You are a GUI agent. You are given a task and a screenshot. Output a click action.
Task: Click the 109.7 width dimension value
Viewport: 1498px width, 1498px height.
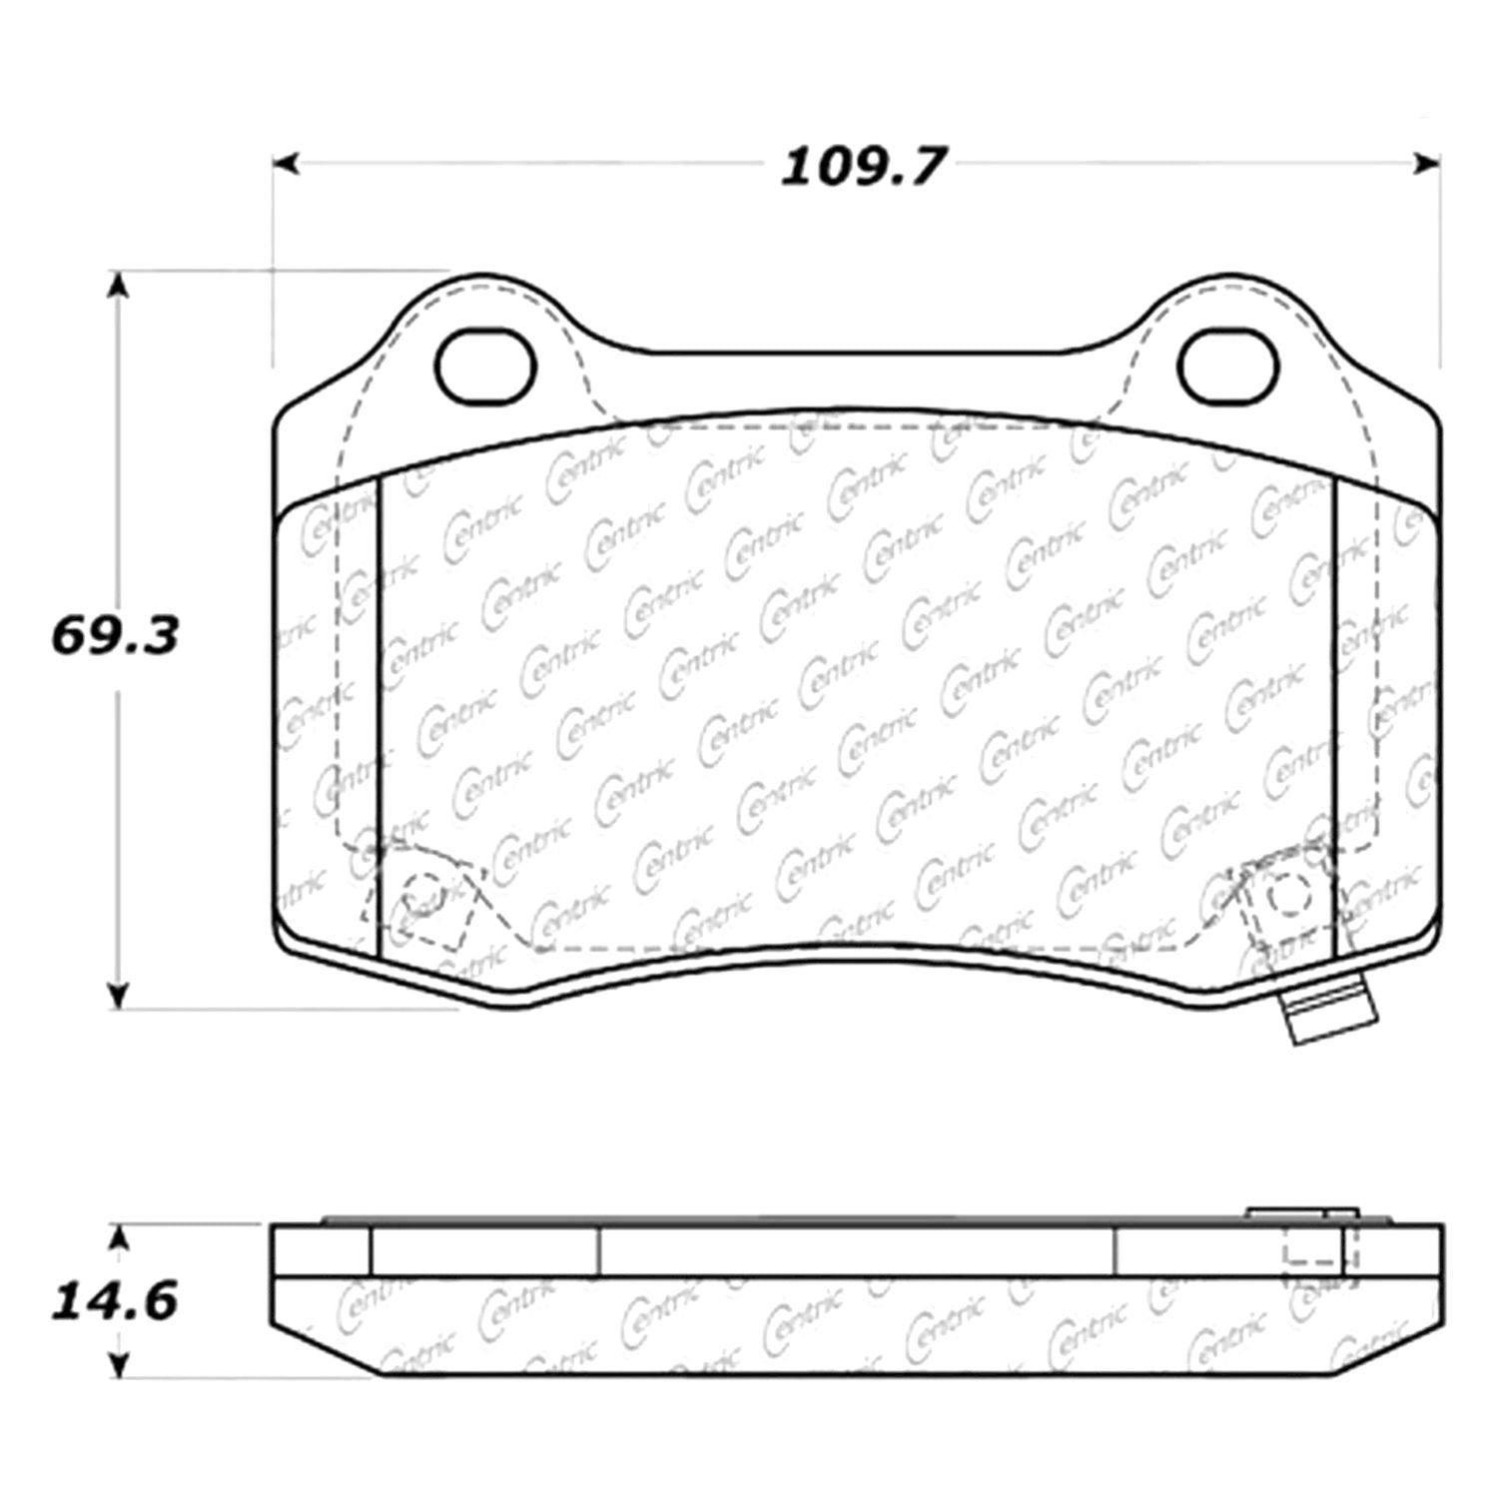pyautogui.click(x=862, y=166)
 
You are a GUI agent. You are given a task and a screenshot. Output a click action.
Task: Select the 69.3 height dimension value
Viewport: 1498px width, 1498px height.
pyautogui.click(x=115, y=635)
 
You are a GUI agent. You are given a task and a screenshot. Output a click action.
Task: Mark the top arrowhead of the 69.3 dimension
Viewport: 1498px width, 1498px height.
pyautogui.click(x=119, y=284)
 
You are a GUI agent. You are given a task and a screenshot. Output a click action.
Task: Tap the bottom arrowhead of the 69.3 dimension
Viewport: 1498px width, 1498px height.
pyautogui.click(x=119, y=995)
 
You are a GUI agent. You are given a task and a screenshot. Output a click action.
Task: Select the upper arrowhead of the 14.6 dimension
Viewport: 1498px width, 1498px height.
pyautogui.click(x=119, y=1239)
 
